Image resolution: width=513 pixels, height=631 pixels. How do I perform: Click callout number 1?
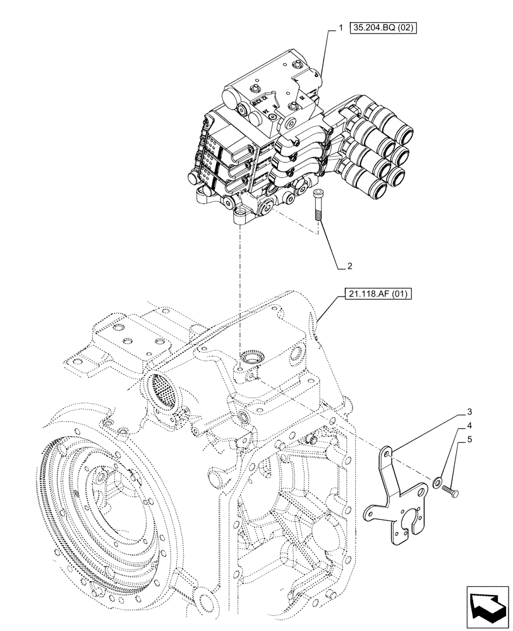click(341, 28)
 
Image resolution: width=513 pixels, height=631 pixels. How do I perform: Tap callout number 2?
click(349, 266)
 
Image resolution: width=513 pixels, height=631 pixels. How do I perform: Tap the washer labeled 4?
click(438, 484)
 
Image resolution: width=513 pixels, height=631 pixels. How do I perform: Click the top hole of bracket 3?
click(387, 452)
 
